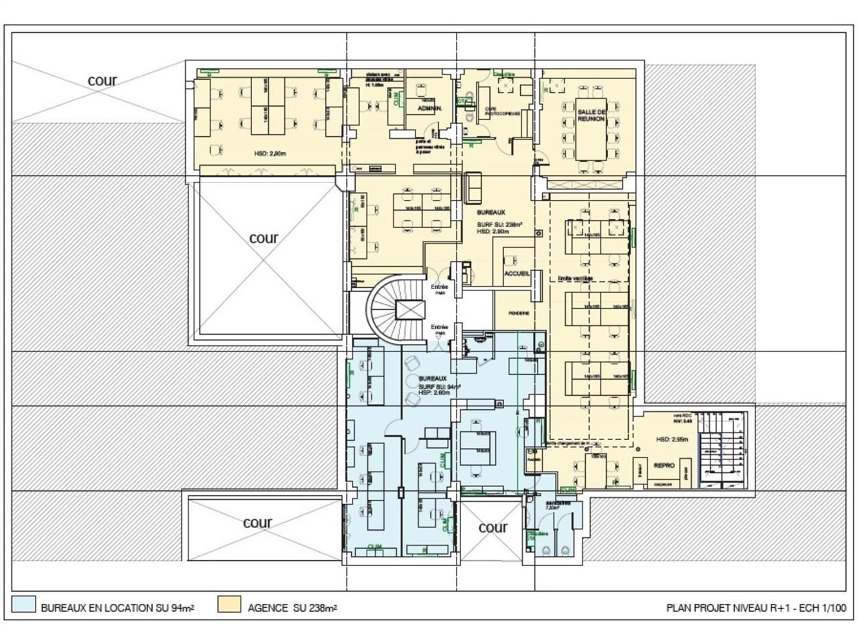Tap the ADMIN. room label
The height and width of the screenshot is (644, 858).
(428, 108)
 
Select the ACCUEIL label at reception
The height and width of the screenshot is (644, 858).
(517, 274)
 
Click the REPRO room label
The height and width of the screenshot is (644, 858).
(664, 465)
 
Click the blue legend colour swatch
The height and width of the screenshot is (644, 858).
(23, 604)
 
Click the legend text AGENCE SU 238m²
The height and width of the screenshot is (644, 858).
(292, 608)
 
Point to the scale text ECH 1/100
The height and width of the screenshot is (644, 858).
(822, 608)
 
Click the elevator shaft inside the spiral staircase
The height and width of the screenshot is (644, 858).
(410, 310)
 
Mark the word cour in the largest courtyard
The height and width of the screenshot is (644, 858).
(263, 238)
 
